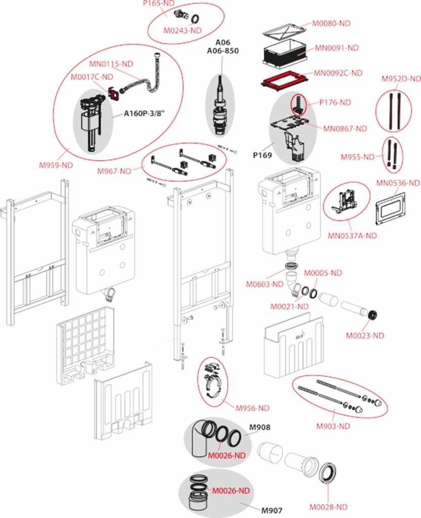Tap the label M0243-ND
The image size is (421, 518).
click(182, 30)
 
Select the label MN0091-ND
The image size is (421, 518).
click(337, 48)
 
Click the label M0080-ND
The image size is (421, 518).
click(331, 23)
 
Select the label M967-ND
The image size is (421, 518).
click(115, 171)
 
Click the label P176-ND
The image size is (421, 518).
click(335, 102)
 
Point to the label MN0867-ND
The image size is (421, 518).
click(345, 128)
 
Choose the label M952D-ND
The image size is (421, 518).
click(401, 78)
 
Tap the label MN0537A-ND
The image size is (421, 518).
click(352, 235)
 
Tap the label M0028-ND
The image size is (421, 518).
click(329, 507)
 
